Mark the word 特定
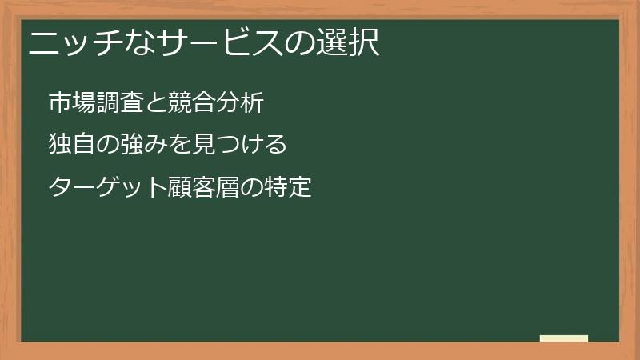click(x=288, y=188)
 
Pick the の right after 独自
click(x=108, y=145)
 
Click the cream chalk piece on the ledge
click(x=564, y=338)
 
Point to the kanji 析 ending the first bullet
click(x=252, y=102)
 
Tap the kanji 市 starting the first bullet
click(x=60, y=102)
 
